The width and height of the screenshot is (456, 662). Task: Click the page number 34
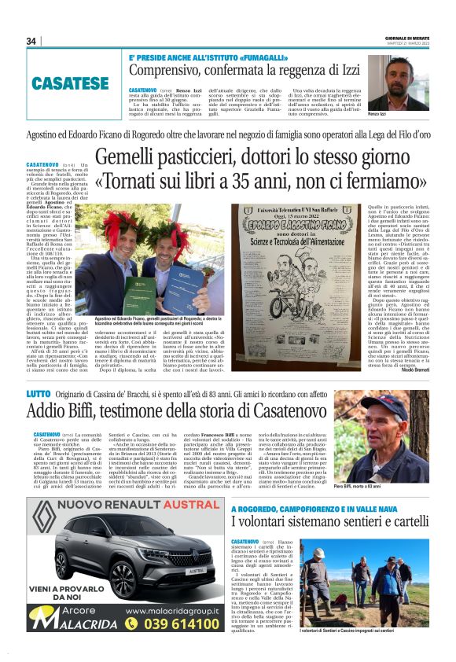[x=32, y=41]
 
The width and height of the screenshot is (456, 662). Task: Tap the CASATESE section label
[x=70, y=83]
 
